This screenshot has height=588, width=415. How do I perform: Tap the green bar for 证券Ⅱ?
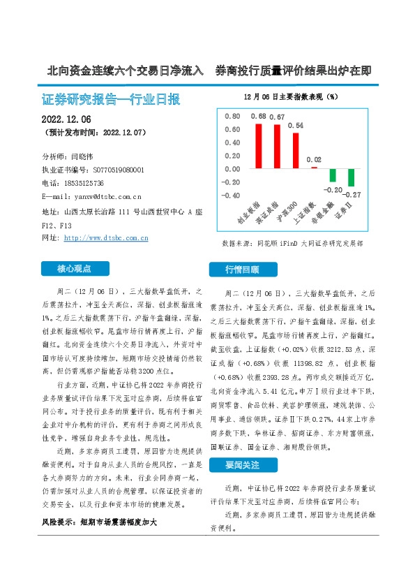351,177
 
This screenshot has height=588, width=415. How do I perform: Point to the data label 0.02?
314,160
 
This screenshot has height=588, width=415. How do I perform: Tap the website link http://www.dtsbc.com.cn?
105,238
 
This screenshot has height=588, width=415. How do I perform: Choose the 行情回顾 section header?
242,269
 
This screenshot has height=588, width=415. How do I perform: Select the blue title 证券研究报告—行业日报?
111,98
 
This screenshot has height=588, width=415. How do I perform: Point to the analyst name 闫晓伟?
85,156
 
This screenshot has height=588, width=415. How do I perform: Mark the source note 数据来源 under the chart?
292,244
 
